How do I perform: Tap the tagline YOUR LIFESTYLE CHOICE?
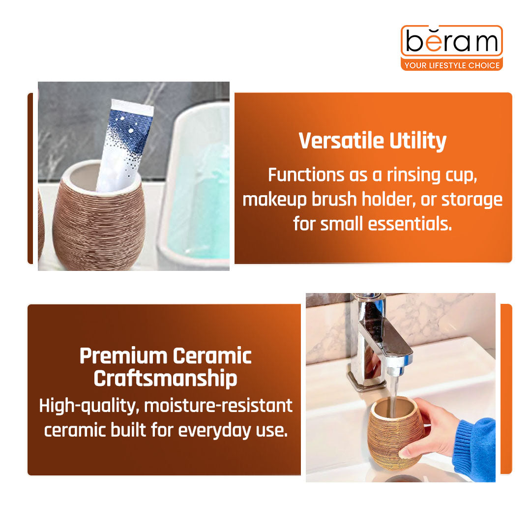(x=451, y=65)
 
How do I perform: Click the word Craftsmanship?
(x=165, y=379)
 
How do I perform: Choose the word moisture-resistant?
(x=218, y=406)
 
